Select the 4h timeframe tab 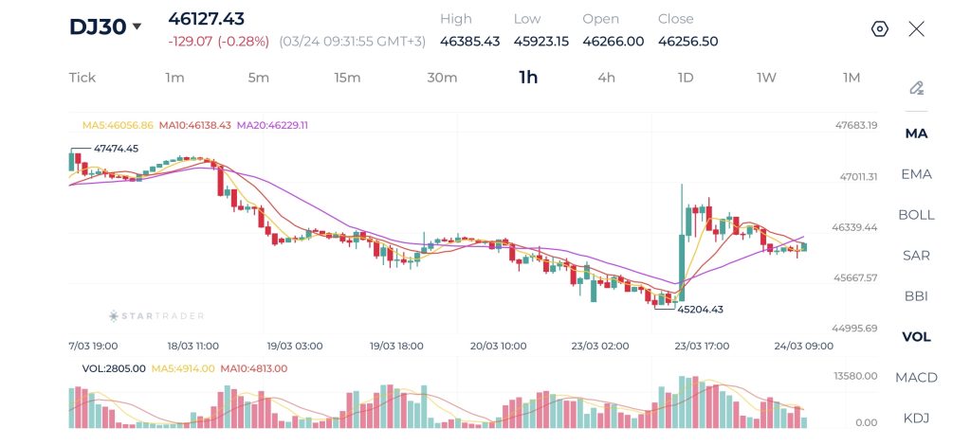coord(606,78)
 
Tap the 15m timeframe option coord(347,78)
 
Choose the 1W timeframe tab coord(766,78)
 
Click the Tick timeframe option coord(82,78)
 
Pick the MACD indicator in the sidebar coord(916,377)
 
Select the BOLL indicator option coord(916,214)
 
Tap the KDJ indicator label coord(916,418)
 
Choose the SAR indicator coord(916,255)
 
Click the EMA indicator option coord(916,173)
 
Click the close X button coord(916,28)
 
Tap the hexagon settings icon coord(879,28)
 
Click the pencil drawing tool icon coord(916,88)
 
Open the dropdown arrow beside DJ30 coord(137,27)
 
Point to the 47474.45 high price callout coord(116,148)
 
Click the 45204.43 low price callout coord(700,309)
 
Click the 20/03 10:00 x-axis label coord(498,346)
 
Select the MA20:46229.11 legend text coord(272,125)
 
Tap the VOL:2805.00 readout coord(114,368)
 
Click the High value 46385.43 coord(469,41)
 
